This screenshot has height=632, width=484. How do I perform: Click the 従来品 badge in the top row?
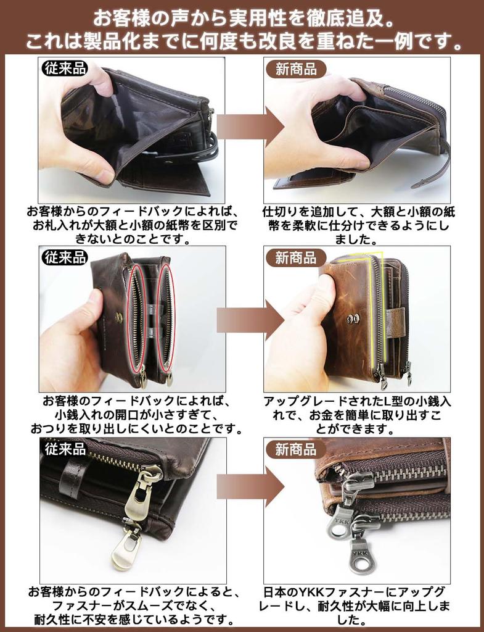(x=64, y=69)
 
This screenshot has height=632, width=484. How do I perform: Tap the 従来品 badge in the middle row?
(x=64, y=257)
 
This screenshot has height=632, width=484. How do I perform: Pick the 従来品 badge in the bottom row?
(x=64, y=448)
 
